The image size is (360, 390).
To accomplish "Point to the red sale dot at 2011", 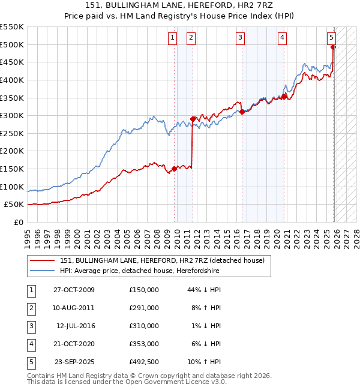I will pyautogui.click(x=193, y=119).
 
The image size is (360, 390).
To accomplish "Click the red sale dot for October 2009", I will pyautogui.click(x=175, y=169).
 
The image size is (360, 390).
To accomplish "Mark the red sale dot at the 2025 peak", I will pyautogui.click(x=333, y=47).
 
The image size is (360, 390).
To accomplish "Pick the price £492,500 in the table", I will pyautogui.click(x=144, y=362).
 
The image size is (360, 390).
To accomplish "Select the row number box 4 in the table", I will pyautogui.click(x=31, y=344).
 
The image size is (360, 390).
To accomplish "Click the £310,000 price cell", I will pyautogui.click(x=144, y=326).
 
